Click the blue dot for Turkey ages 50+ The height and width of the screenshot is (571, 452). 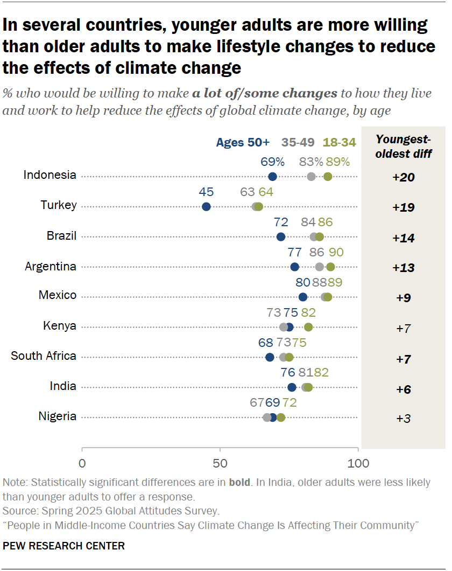tap(206, 207)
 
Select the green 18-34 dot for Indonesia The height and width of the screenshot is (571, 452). tap(328, 177)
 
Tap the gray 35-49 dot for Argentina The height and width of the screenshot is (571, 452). tap(320, 267)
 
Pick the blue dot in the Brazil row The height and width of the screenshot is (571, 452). tap(281, 237)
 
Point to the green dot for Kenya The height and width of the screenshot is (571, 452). tap(308, 327)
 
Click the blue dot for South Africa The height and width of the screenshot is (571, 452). tap(270, 357)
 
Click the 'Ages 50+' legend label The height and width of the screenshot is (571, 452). tap(243, 143)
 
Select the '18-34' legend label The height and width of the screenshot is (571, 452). tap(339, 143)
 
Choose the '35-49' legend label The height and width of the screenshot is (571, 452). tap(299, 143)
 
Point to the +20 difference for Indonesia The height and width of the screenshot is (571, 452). tap(403, 177)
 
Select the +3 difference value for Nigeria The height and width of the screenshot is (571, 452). tap(403, 418)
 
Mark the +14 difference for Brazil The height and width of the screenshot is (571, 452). tap(403, 238)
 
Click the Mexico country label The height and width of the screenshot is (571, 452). tap(58, 295)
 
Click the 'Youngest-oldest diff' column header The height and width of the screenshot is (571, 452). tap(403, 147)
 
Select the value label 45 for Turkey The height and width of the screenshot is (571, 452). tap(206, 192)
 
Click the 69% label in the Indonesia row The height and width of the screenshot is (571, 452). tap(273, 162)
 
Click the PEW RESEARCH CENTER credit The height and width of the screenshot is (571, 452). tap(63, 546)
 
